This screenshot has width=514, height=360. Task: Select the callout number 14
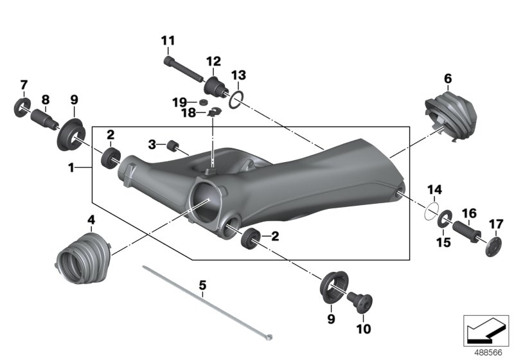pos(436,190)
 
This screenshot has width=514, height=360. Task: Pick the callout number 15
pos(443,241)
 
